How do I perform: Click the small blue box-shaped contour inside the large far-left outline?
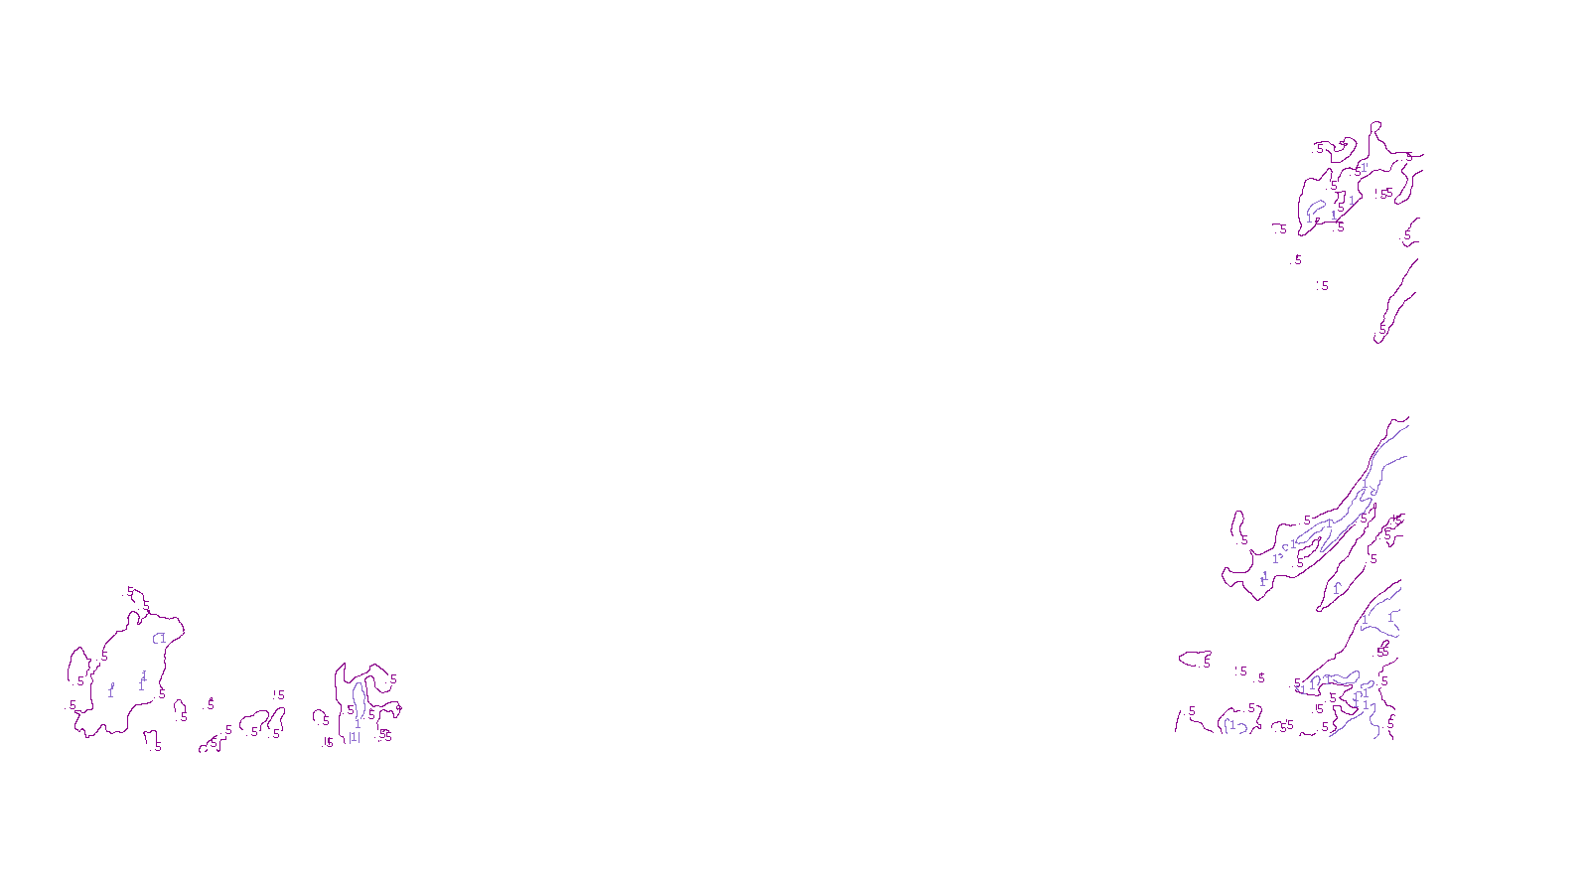pyautogui.click(x=159, y=638)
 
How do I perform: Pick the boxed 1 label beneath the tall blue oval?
pyautogui.click(x=354, y=737)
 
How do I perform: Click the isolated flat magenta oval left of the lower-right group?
pyautogui.click(x=1194, y=659)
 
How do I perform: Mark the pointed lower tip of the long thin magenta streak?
pyautogui.click(x=1377, y=342)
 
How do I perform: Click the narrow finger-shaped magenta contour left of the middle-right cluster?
pyautogui.click(x=1237, y=526)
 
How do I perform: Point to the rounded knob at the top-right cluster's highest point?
pyautogui.click(x=1376, y=125)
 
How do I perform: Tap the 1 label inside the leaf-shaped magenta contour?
pyautogui.click(x=1337, y=588)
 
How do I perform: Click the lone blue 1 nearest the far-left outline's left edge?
pyautogui.click(x=110, y=691)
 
